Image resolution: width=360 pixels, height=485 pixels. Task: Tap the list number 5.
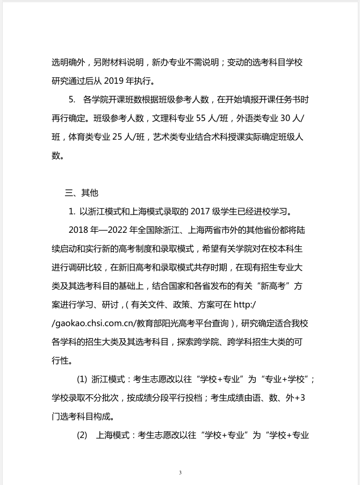pyautogui.click(x=71, y=99)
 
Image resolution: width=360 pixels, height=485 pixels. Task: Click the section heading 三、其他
pyautogui.click(x=82, y=192)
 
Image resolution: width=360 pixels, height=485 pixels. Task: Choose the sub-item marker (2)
pyautogui.click(x=82, y=434)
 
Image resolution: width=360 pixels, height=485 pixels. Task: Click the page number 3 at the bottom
pyautogui.click(x=180, y=473)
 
